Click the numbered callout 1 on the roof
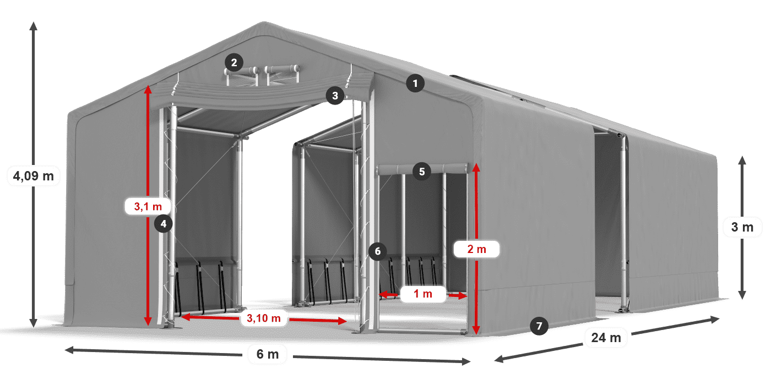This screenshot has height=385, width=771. [415, 84]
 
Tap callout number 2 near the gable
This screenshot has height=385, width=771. [234, 62]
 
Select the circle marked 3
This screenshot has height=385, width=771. [334, 96]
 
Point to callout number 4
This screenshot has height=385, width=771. [164, 223]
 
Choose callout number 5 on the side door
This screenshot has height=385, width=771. [421, 172]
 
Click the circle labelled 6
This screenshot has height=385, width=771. [377, 251]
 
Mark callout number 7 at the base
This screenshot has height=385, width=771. [539, 326]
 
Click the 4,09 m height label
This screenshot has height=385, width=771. [33, 176]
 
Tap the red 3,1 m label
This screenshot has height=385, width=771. [148, 207]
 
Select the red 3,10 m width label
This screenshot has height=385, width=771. [263, 317]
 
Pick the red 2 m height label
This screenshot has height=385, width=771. [476, 249]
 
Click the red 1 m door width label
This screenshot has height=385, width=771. [423, 294]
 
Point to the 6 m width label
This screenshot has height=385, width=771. [268, 354]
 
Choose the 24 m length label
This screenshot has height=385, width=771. [606, 337]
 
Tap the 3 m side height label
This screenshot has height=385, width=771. [742, 227]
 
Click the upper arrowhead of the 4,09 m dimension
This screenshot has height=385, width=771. [33, 25]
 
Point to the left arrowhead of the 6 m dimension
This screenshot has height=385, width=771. [68, 349]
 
